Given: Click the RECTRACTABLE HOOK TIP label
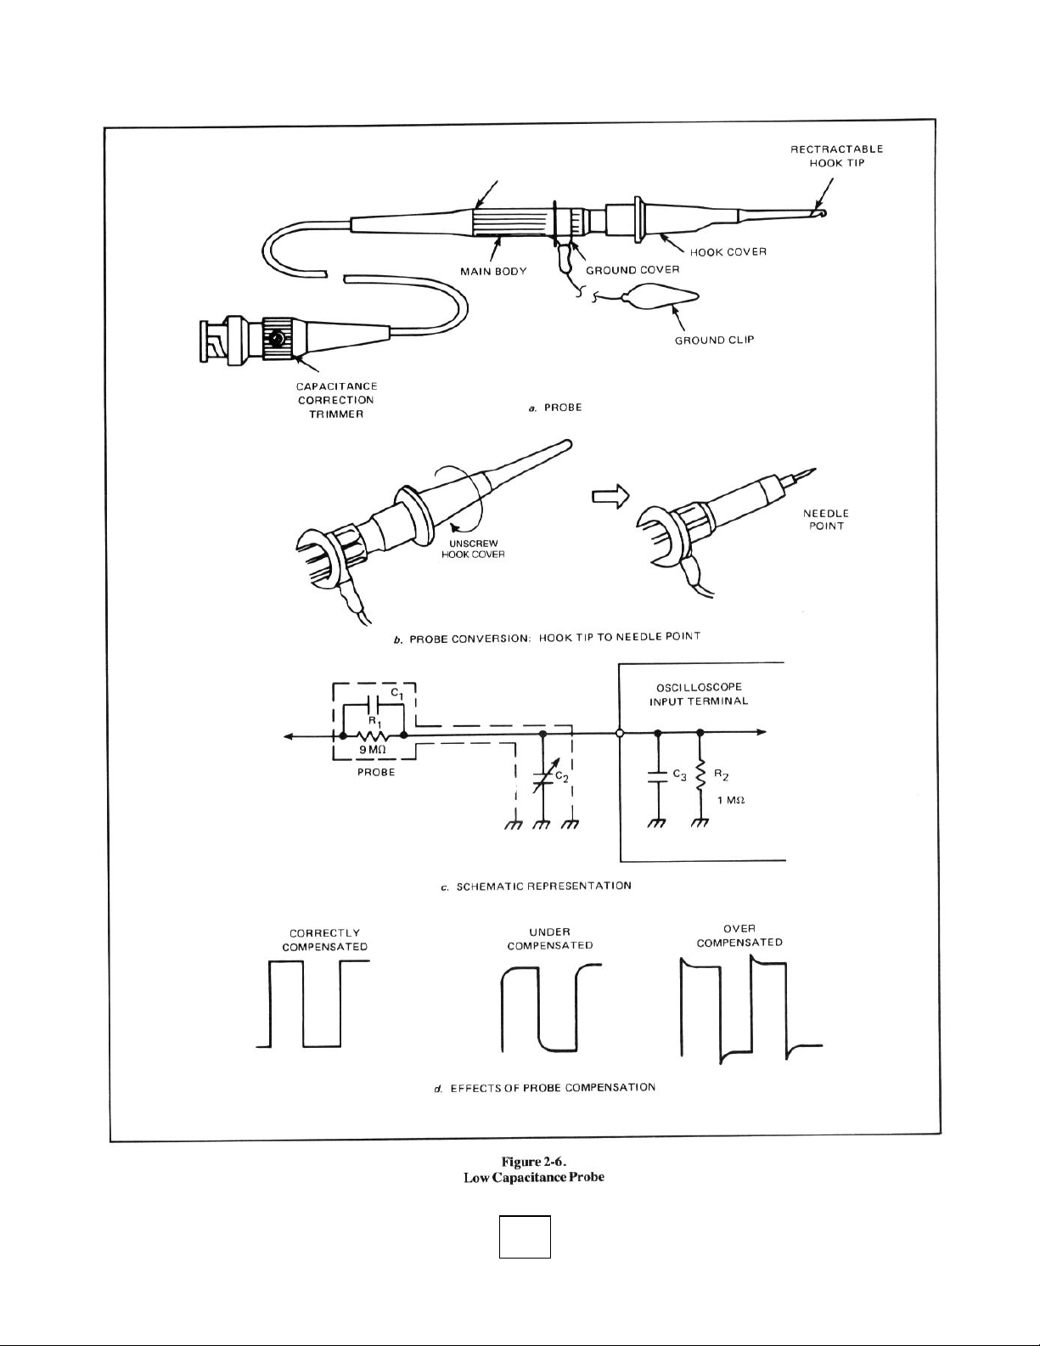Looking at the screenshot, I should tap(837, 155).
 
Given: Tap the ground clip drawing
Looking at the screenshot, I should tap(661, 297).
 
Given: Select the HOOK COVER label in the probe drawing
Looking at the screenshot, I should tap(728, 252).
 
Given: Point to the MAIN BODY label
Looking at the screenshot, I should tap(493, 272).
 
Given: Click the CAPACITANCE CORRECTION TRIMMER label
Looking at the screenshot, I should tap(336, 400).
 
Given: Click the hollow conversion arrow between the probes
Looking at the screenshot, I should tap(610, 494).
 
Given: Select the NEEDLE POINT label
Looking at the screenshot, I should tap(825, 519).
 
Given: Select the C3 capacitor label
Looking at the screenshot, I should tap(678, 774).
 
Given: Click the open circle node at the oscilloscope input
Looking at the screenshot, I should tap(621, 732).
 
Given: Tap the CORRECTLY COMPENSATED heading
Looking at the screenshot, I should tap(324, 939).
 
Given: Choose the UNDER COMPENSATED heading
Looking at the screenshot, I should tap(549, 938).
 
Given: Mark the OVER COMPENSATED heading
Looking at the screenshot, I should tap(739, 935).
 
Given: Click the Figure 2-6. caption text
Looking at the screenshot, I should tap(534, 1162).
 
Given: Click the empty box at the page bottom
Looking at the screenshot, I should tap(525, 1236).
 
